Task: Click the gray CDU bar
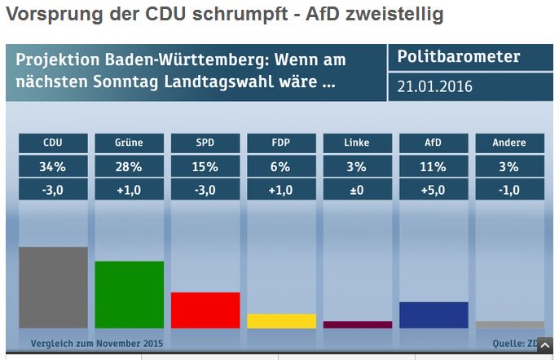pos(53,287)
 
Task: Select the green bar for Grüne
pos(129,294)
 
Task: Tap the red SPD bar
pos(205,310)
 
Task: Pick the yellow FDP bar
pos(281,321)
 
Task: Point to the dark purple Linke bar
pos(357,324)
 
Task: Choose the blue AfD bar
pos(434,314)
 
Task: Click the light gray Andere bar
pos(509,324)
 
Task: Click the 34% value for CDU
pos(53,166)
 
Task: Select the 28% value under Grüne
pos(129,166)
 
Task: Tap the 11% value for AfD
pos(434,166)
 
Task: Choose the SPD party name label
pos(205,143)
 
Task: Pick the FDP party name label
pos(281,143)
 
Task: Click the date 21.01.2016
pos(435,86)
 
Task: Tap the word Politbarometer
pos(458,58)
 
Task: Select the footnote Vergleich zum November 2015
pos(96,343)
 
